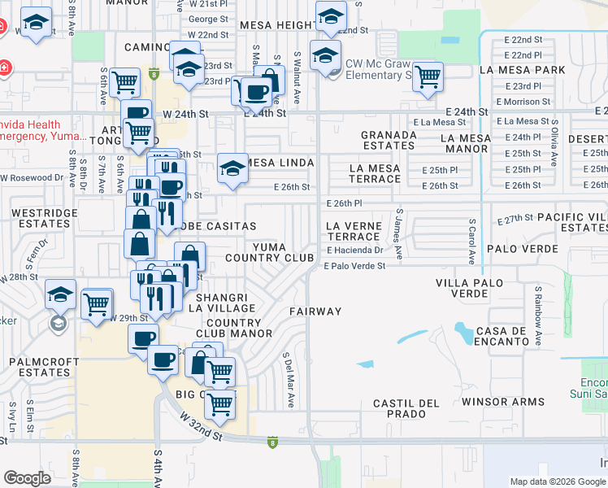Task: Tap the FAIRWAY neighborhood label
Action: tap(315, 312)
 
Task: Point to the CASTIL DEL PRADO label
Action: tap(406, 408)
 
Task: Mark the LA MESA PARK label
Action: tap(522, 71)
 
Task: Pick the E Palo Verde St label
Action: tap(354, 265)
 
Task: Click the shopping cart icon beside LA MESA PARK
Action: tap(427, 77)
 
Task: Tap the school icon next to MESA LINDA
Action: tap(232, 168)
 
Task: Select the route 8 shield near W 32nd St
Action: tap(271, 442)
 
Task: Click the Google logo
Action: tap(28, 478)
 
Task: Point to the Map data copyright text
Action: tap(558, 481)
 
